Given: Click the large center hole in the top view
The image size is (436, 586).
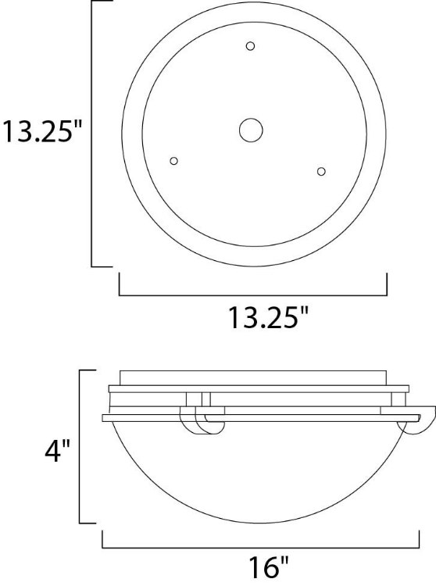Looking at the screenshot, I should click(252, 130).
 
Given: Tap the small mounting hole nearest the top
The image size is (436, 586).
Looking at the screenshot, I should click(250, 47).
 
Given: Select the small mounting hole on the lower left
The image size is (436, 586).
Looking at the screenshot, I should click(174, 161).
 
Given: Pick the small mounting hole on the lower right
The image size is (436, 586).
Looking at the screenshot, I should click(320, 170).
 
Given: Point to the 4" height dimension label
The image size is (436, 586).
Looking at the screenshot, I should click(57, 451).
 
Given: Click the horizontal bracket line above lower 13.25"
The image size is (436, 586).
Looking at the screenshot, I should click(252, 295).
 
